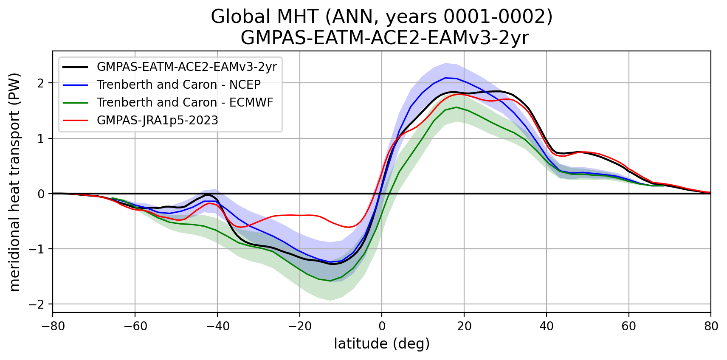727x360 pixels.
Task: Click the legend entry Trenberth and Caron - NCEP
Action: tap(178, 84)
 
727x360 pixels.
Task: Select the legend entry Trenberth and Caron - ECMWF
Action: tap(185, 102)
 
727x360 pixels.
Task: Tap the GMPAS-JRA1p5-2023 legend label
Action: tap(158, 120)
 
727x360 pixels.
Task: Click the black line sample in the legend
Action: tap(75, 67)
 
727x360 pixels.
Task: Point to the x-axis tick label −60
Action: tap(135, 326)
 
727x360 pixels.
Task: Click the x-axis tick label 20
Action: tap(464, 326)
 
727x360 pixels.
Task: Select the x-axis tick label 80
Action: tap(711, 326)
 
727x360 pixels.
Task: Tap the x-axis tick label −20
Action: tap(299, 326)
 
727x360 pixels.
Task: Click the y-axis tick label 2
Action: tap(41, 83)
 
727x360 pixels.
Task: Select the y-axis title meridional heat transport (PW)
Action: tap(15, 182)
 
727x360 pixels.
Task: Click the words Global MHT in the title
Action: tap(265, 17)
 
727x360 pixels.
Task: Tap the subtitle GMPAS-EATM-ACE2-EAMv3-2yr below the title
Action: tap(385, 38)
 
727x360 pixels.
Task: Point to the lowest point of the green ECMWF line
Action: tap(330, 281)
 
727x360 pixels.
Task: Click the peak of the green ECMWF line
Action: tap(456, 107)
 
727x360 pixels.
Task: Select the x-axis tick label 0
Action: tap(382, 326)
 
